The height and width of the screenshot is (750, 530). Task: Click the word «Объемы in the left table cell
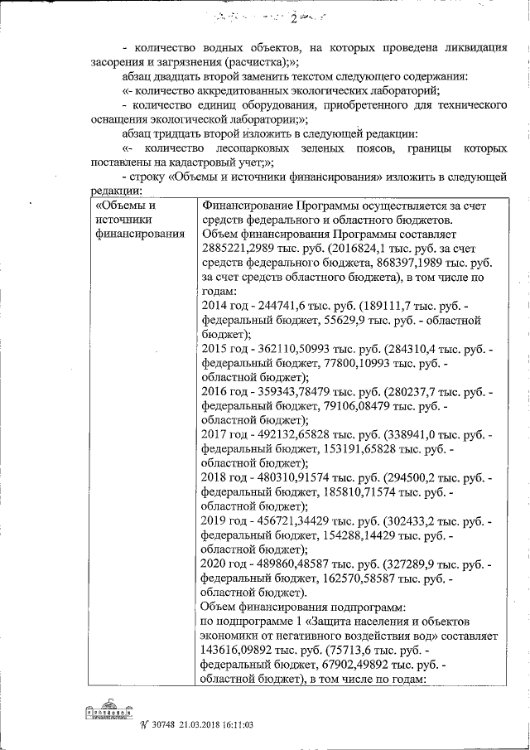[125, 206]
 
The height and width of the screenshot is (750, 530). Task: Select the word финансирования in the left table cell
[138, 235]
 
